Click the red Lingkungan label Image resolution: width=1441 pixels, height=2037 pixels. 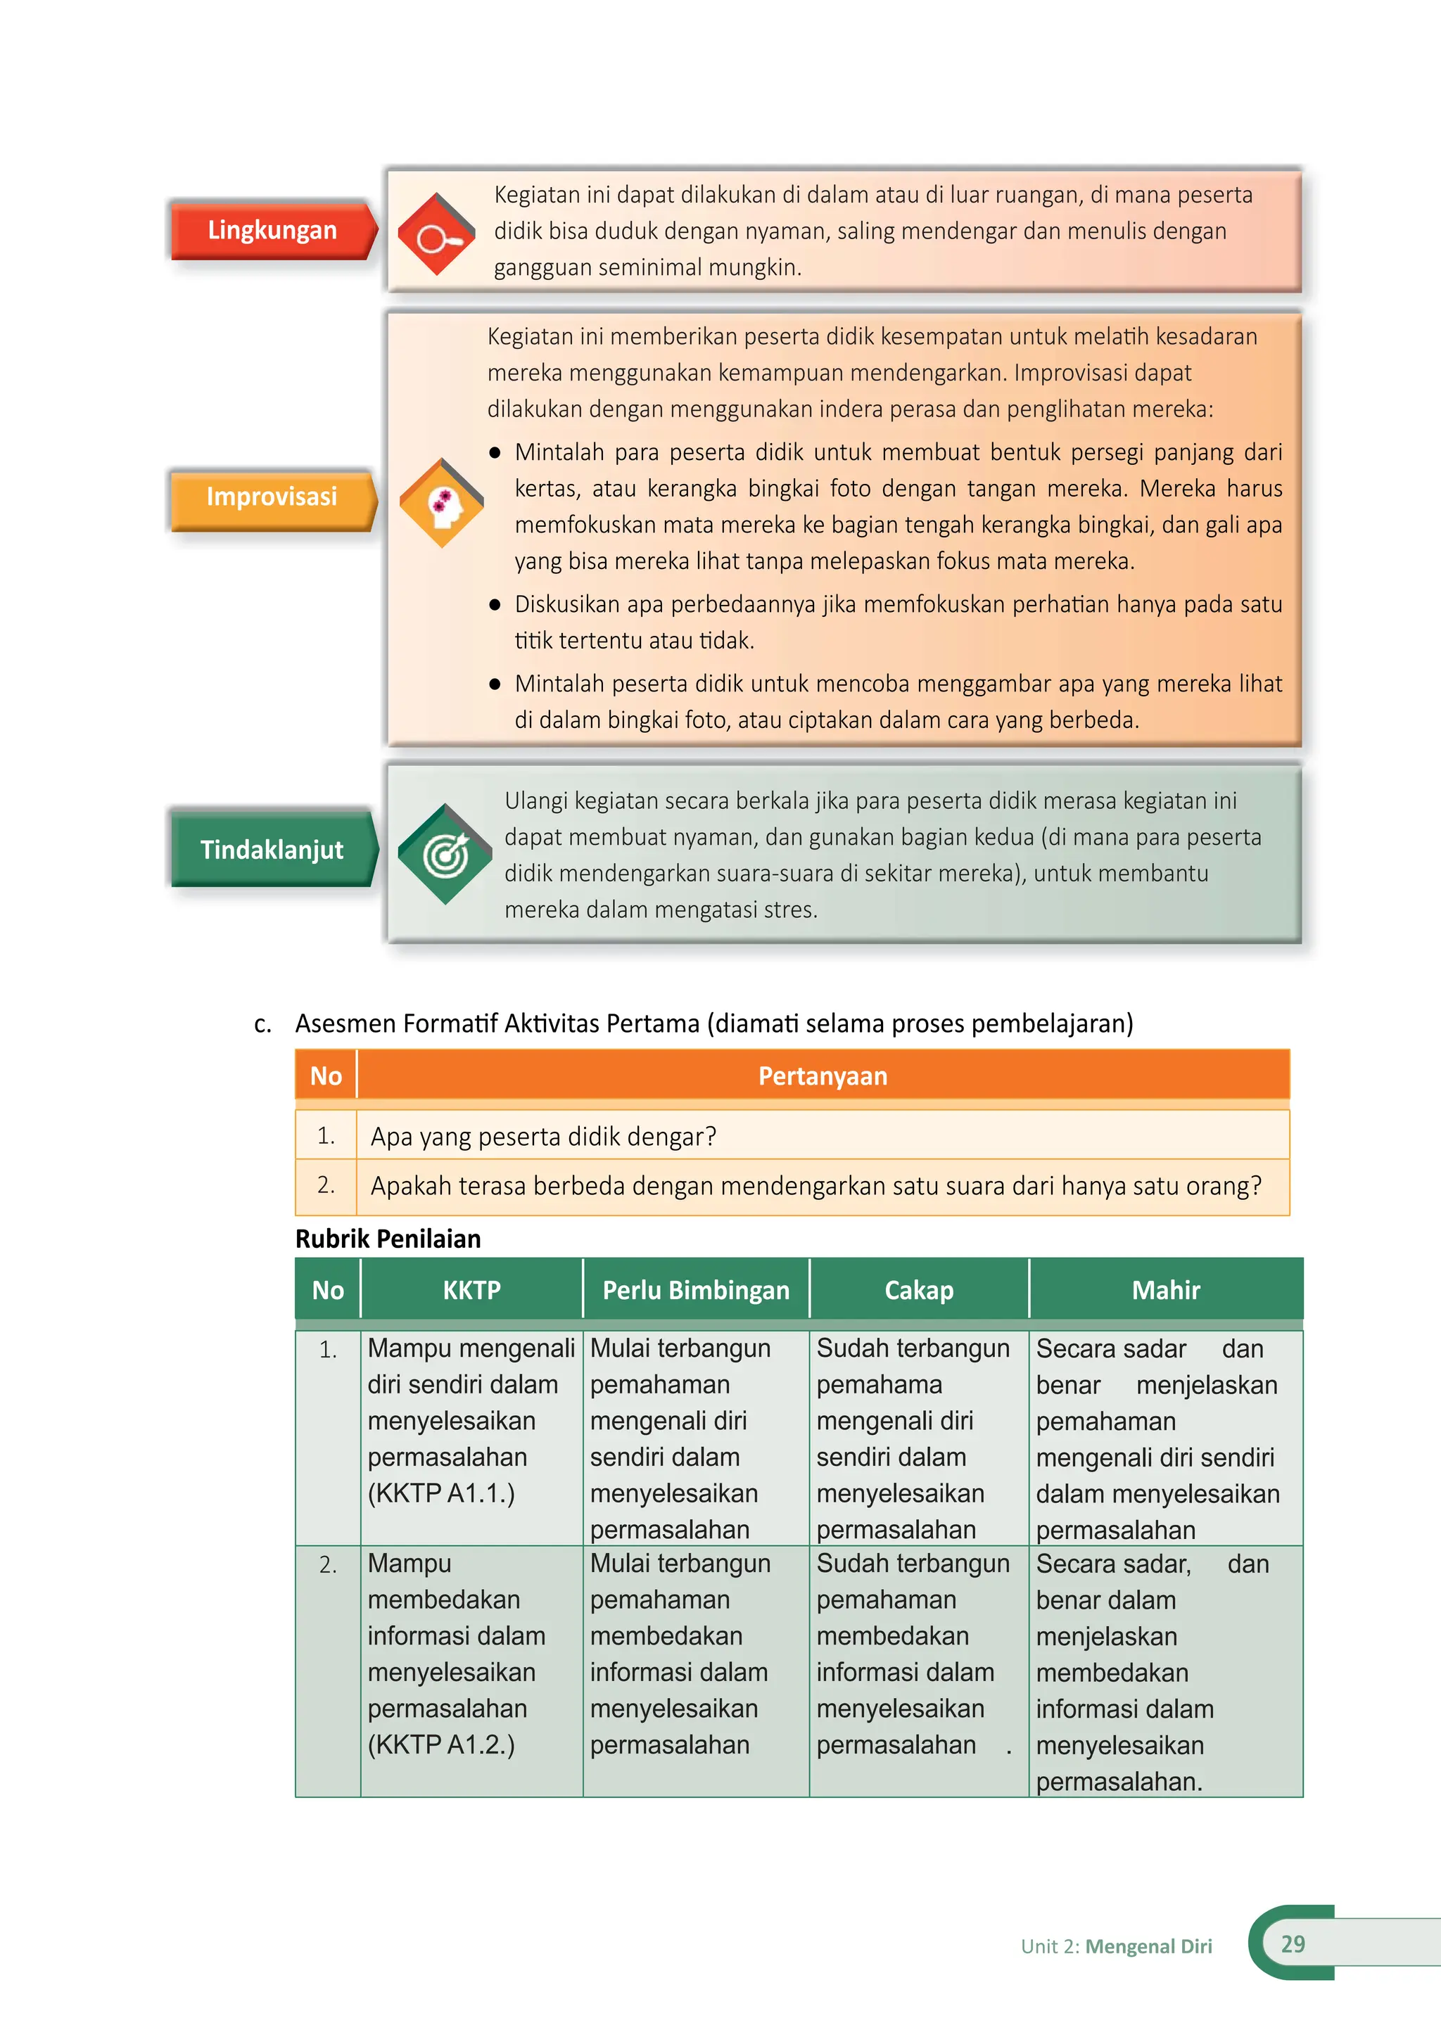[272, 231]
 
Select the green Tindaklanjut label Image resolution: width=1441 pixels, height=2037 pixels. [272, 850]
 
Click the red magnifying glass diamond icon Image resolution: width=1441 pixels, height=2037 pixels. [436, 234]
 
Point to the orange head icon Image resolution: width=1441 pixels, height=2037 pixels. [442, 503]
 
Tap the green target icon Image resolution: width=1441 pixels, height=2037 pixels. [445, 855]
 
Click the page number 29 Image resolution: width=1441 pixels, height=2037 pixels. [1293, 1944]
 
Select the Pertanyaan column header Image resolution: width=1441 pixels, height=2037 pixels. [823, 1076]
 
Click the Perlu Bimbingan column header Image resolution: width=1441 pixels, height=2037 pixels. [696, 1290]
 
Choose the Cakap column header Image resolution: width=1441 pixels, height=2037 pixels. [918, 1290]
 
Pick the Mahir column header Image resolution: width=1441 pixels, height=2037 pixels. [1165, 1290]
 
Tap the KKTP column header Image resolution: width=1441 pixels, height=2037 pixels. [471, 1290]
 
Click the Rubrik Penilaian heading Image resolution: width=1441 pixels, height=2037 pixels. [388, 1239]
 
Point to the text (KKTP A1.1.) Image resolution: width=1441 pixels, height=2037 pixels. [441, 1493]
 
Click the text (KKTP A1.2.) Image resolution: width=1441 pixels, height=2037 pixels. [441, 1745]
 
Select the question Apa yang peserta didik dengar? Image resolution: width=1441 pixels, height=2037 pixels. [543, 1137]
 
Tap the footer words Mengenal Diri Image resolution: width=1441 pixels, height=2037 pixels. [1148, 1946]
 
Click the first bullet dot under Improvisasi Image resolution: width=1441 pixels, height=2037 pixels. [495, 452]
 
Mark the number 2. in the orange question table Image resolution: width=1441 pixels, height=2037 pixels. [326, 1185]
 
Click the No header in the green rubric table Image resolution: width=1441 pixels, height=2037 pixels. [327, 1290]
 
